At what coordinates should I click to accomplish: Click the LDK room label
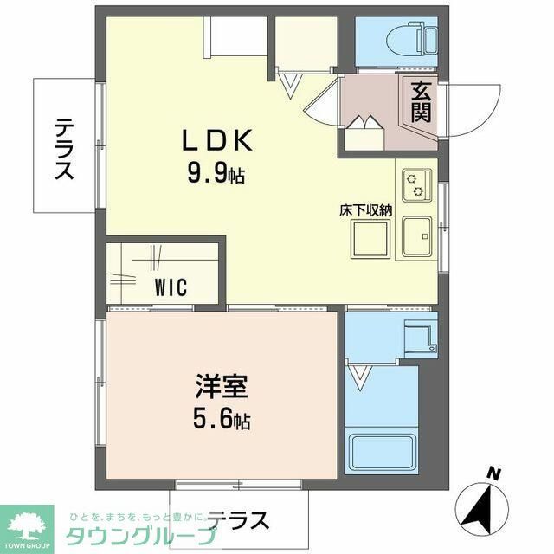click(x=216, y=139)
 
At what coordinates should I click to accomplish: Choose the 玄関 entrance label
click(x=421, y=100)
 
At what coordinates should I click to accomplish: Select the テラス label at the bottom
click(x=238, y=521)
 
